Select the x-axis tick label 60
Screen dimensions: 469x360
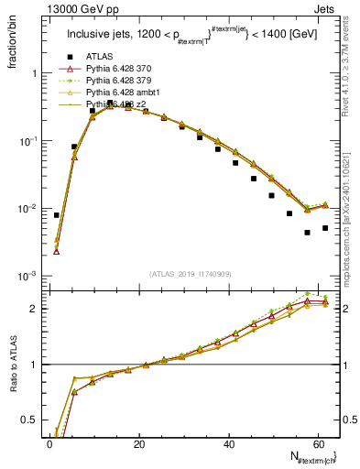tap(317, 444)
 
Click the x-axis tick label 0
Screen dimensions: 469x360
tap(49, 444)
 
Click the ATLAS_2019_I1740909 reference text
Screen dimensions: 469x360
tap(189, 274)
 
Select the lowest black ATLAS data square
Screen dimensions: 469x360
tap(307, 233)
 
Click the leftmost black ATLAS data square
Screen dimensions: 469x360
tap(57, 215)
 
